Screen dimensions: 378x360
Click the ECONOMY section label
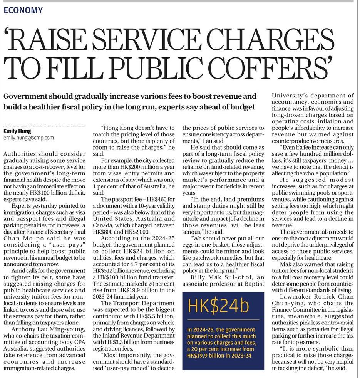click(x=23, y=10)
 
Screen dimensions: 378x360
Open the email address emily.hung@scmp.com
click(x=28, y=138)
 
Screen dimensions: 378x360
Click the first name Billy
click(x=201, y=277)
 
